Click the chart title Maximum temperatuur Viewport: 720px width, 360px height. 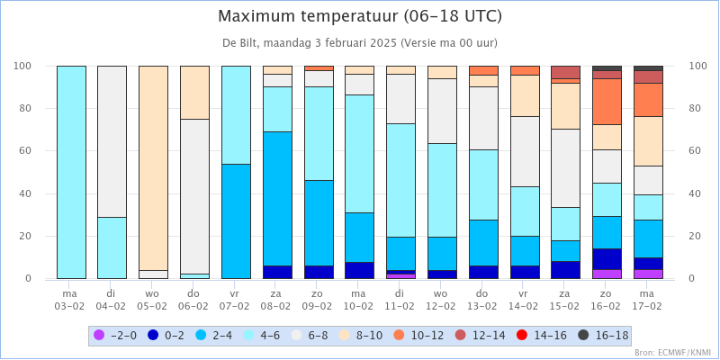(x=360, y=16)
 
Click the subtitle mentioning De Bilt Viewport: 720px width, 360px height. (x=360, y=42)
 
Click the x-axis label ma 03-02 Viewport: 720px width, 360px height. (x=71, y=300)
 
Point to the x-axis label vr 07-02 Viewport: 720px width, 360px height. (x=236, y=300)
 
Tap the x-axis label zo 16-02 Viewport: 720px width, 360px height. (x=607, y=300)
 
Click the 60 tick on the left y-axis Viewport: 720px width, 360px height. (x=24, y=151)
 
